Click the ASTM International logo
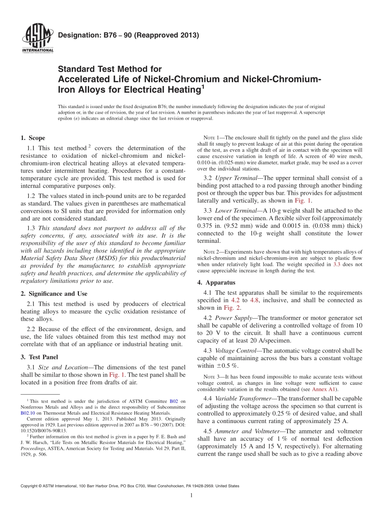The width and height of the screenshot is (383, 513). click(x=37, y=39)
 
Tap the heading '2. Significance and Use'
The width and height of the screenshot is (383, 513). click(x=54, y=294)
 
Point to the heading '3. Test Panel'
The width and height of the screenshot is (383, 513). click(x=39, y=357)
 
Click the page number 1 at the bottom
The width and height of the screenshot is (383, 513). click(x=191, y=496)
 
